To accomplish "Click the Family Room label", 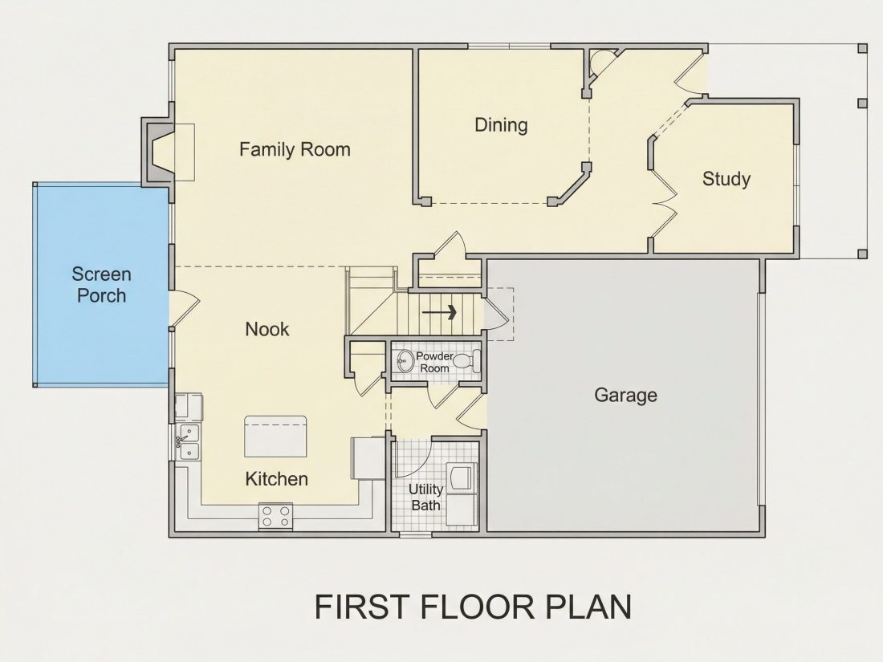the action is pos(295,149).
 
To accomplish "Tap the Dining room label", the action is pos(501,125).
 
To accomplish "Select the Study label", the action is pos(726,179).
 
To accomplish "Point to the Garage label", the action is pos(625,395).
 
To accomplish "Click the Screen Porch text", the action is pos(101,285).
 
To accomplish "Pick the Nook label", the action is pos(267,329).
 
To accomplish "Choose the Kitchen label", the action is pos(276,479).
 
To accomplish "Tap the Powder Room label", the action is pos(435,362).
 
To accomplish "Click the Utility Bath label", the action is pos(425,497).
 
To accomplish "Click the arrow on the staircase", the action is pos(438,312).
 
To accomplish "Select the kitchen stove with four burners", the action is pos(276,517).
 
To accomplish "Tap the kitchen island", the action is pos(275,437).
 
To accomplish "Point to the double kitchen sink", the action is pos(188,442).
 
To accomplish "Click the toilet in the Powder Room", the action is pos(467,361).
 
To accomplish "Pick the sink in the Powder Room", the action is pos(405,361).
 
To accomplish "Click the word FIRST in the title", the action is pos(361,607).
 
